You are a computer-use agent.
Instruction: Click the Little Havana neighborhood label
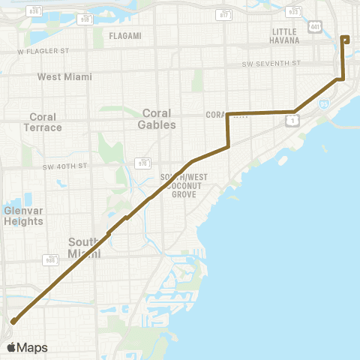[x=284, y=35]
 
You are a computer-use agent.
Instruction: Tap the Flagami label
[x=124, y=35]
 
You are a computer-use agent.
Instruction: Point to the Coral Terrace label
[x=46, y=121]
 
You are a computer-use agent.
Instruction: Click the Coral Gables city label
[x=158, y=118]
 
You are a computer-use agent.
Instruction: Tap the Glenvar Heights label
[x=23, y=215]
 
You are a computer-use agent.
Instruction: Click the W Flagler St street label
[x=43, y=52]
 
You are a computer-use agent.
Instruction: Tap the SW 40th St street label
[x=65, y=165]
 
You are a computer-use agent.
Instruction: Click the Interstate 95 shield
[x=323, y=106]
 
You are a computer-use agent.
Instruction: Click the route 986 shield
[x=50, y=260]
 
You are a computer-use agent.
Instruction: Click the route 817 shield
[x=224, y=14]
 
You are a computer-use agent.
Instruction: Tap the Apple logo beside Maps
[x=11, y=347]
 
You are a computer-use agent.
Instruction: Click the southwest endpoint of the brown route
[x=13, y=321]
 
